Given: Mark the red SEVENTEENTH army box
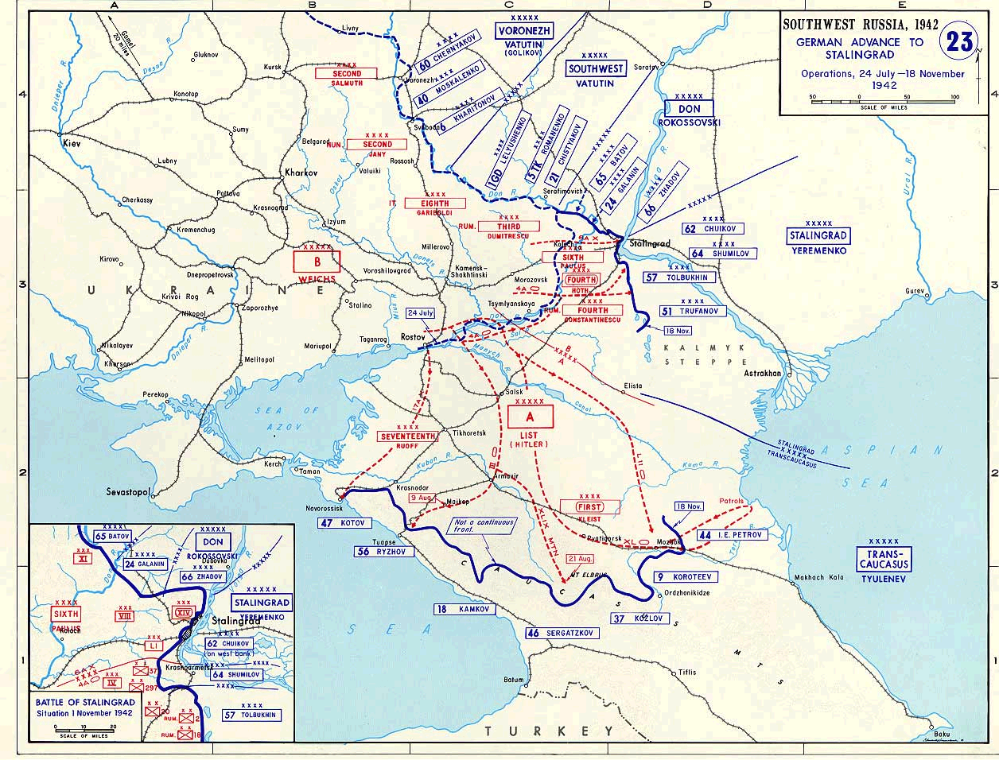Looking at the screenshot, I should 407,436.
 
